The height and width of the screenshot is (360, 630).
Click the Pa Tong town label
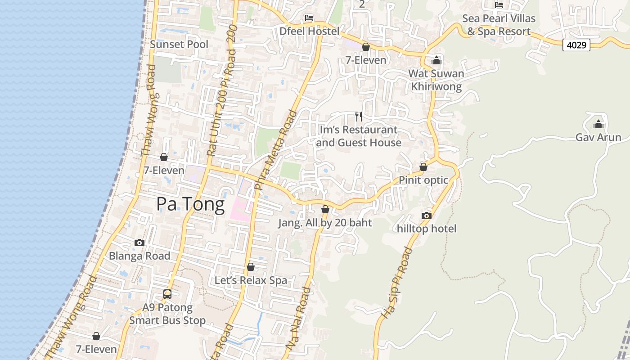point(190,205)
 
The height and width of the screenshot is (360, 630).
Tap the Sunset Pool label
point(179,44)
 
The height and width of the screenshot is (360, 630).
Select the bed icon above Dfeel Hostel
point(309,18)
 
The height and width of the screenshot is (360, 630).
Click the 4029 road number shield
point(576,45)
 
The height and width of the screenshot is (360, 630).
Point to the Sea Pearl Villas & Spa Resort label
point(499,25)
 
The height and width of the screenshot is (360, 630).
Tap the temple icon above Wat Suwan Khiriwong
point(436,61)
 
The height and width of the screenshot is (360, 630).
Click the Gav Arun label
point(598,137)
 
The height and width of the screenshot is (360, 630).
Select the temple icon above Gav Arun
point(598,124)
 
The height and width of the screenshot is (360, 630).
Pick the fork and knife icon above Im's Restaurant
point(359,117)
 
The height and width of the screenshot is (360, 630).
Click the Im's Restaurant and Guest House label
point(359,136)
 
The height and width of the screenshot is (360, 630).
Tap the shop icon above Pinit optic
point(423,167)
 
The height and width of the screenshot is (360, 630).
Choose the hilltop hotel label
point(427,229)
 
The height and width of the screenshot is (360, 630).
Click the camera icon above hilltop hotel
point(427,216)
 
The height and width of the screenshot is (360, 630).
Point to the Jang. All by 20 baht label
point(325,223)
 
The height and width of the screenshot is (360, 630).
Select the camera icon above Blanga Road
point(139,243)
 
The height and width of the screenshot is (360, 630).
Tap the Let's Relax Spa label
point(251,280)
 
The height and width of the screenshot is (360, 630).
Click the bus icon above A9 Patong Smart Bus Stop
point(167,294)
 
